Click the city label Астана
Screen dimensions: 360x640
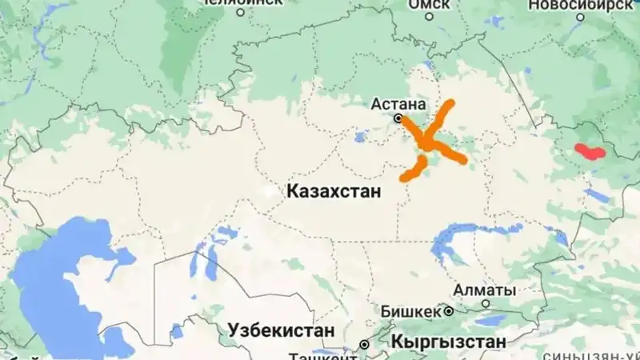402,103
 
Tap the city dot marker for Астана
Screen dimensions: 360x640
398,118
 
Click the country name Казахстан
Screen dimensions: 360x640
333,192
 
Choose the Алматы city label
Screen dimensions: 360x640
479,290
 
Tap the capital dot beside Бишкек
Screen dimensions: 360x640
450,310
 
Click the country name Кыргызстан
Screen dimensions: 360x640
450,342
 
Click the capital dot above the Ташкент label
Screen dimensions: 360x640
364,345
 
